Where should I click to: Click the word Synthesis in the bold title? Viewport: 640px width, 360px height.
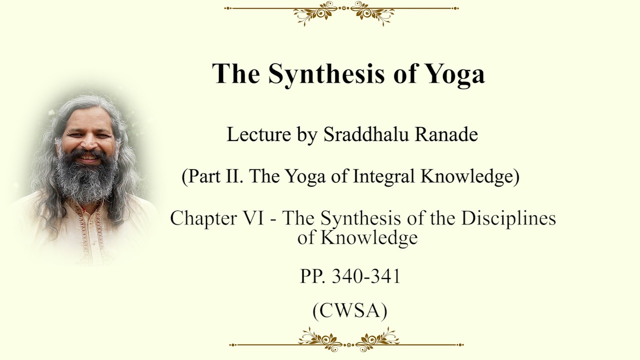(x=326, y=73)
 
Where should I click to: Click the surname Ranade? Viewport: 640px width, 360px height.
(x=446, y=134)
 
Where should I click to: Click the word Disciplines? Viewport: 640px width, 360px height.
(x=508, y=219)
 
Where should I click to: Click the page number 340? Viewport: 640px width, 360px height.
(x=348, y=276)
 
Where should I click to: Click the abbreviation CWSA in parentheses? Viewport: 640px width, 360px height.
(x=349, y=311)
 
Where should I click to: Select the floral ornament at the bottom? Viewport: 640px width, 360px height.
(x=346, y=340)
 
